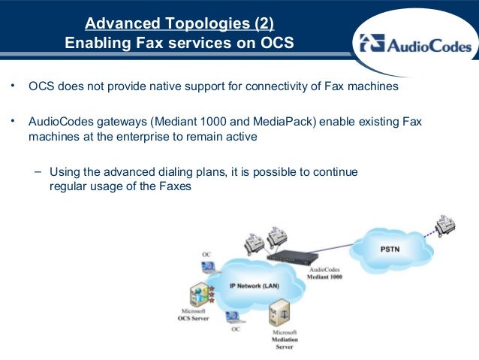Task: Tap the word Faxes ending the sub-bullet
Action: (x=174, y=187)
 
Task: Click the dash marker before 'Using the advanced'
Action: (x=37, y=171)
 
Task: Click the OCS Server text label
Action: (x=193, y=319)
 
